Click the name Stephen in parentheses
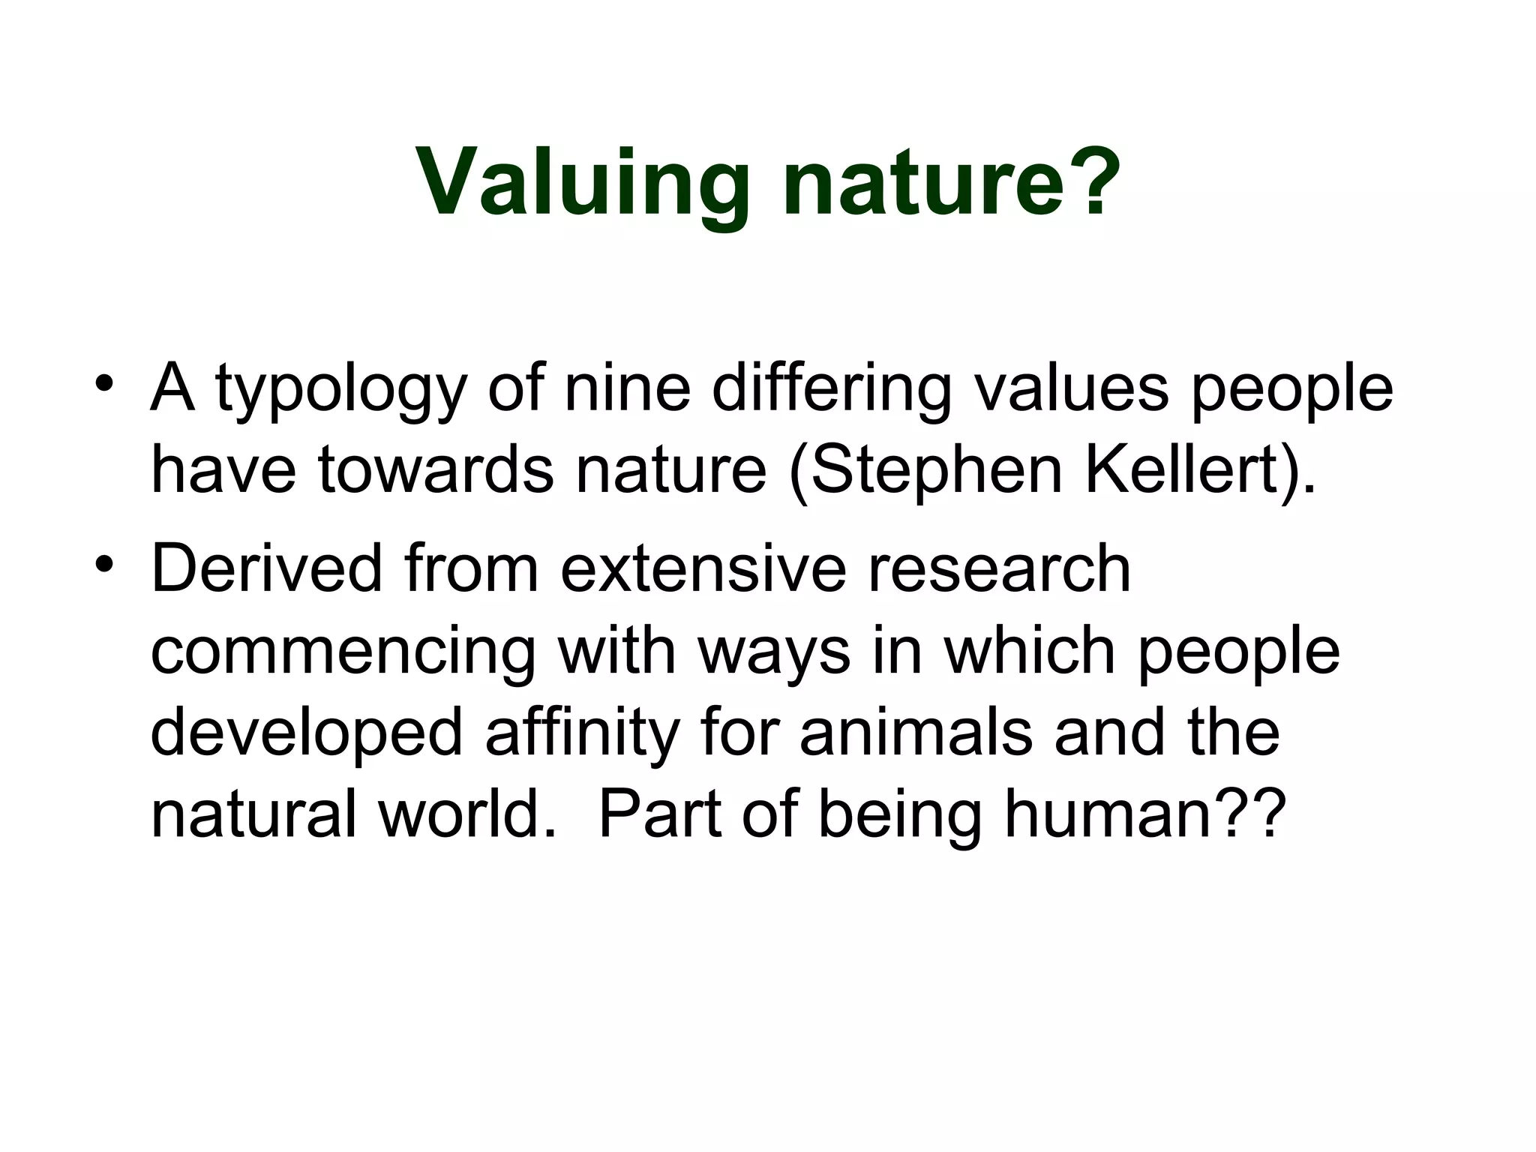937,472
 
